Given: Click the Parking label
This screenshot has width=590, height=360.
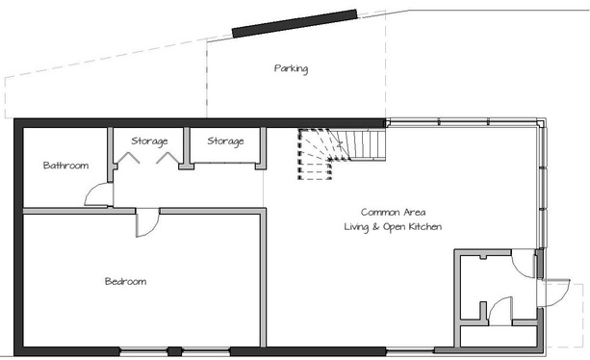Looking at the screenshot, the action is (291, 69).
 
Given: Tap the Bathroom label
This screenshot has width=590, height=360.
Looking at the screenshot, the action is (65, 166).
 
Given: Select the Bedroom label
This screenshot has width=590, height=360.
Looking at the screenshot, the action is (125, 281).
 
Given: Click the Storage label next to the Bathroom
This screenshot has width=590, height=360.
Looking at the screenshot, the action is (149, 141).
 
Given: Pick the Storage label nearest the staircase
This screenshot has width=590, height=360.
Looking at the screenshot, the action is (225, 141).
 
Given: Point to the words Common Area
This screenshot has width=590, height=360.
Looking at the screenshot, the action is (394, 212).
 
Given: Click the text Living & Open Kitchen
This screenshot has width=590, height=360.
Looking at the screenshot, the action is (393, 227).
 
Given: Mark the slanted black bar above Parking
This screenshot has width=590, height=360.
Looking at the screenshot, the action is (295, 23).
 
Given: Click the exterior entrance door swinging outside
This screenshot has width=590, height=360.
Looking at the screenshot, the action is (556, 293).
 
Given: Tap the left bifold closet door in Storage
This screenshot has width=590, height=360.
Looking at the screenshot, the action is (128, 157).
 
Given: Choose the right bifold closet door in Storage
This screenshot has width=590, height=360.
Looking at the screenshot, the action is (167, 157).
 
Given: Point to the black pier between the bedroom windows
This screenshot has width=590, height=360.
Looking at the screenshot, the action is (174, 351).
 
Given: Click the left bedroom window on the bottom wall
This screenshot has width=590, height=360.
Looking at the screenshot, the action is (143, 351).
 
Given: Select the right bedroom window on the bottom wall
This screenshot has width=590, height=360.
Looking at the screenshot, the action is (206, 351).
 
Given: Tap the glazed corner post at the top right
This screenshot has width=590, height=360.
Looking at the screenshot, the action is (541, 123).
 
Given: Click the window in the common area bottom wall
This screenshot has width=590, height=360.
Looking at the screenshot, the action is (410, 351).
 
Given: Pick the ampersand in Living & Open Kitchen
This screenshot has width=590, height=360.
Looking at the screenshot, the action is (375, 227).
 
